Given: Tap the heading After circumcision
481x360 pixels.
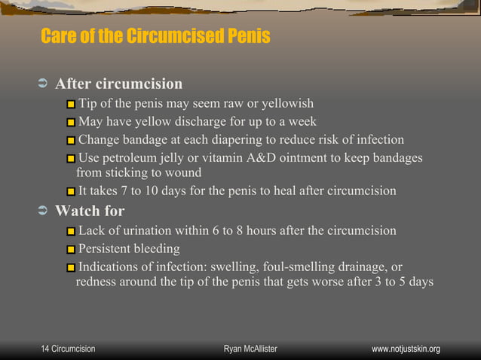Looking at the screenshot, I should tap(119, 84).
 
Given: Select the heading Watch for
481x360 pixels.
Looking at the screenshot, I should tap(90, 211).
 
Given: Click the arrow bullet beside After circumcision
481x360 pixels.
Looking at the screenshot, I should tap(42, 84).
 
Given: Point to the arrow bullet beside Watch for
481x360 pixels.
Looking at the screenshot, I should tap(42, 211).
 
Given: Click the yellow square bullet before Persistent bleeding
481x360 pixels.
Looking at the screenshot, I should tap(71, 249).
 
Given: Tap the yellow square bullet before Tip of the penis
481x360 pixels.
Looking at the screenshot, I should tap(71, 104).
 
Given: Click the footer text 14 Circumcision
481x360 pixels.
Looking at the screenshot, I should tap(68, 349).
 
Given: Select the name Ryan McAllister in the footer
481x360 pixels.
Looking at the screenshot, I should tap(250, 349).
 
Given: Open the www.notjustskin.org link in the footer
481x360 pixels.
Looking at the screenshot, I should tap(406, 349).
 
